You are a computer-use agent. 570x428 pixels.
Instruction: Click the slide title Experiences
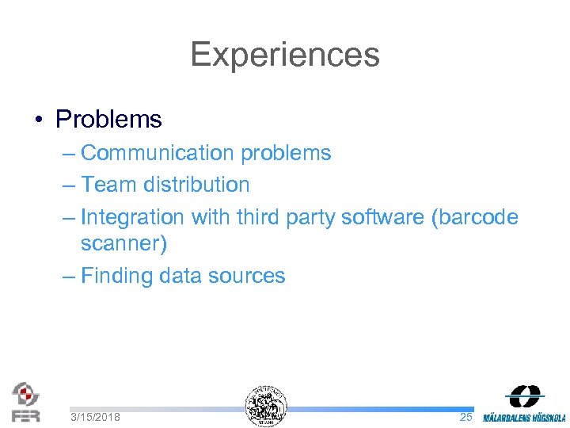(285, 55)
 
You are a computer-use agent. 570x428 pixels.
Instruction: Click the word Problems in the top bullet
(108, 120)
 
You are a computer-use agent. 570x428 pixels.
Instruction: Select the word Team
(108, 185)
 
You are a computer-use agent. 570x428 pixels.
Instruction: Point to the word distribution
(197, 185)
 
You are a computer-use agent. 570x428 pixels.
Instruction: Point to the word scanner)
(123, 243)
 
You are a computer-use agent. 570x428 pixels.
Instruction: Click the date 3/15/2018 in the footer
(95, 417)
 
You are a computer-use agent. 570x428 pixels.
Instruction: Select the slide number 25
(466, 417)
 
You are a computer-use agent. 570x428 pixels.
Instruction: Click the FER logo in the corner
(26, 402)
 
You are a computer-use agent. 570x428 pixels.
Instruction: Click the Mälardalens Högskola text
(525, 417)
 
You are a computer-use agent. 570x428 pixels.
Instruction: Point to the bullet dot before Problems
(38, 120)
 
